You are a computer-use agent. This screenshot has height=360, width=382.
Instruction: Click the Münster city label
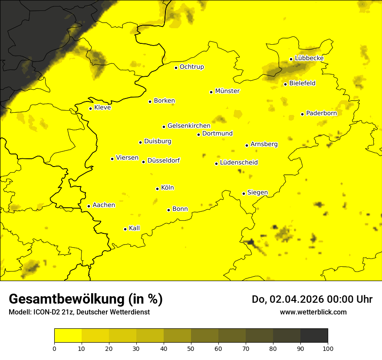coord(227,91)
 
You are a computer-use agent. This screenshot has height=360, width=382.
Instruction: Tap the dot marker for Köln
coord(158,189)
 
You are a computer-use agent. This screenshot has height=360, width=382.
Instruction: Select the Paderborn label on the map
coord(321,113)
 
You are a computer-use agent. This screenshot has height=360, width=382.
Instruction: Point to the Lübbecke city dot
coord(291,59)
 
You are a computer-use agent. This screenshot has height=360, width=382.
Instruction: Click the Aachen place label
coord(104,205)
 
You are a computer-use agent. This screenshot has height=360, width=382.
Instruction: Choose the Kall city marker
coord(125,229)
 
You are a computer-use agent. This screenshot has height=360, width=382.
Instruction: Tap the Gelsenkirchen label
coord(189,126)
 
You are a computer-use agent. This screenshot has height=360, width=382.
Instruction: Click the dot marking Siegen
coord(244,193)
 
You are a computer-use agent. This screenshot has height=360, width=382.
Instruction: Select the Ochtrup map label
coord(192,67)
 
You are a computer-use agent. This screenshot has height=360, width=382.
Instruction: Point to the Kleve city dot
coord(90,108)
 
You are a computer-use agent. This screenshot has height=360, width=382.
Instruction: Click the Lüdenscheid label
coord(239,163)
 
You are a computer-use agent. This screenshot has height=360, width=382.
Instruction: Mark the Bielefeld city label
coord(302,83)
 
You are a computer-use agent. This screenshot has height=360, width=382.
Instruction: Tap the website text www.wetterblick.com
coord(313,312)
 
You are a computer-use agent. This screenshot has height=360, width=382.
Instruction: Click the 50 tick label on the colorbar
coord(191,348)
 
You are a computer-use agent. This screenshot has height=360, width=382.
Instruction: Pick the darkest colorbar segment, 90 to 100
coord(314,336)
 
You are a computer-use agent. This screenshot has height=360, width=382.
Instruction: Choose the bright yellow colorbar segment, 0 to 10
coord(68,336)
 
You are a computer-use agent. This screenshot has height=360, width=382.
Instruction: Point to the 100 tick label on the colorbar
coord(328,348)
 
